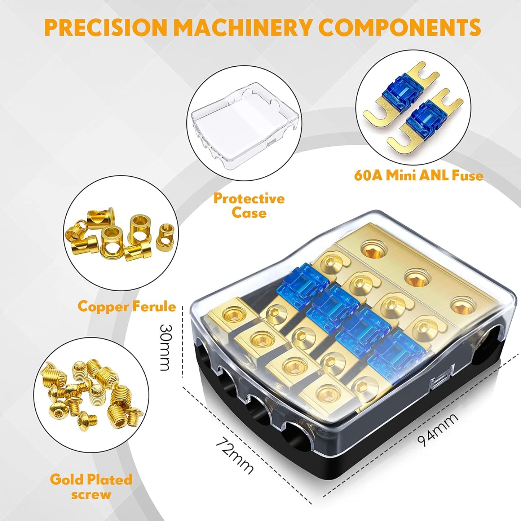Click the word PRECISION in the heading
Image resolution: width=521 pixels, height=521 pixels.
(x=107, y=27)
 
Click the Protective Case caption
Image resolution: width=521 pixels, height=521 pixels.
(x=249, y=206)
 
